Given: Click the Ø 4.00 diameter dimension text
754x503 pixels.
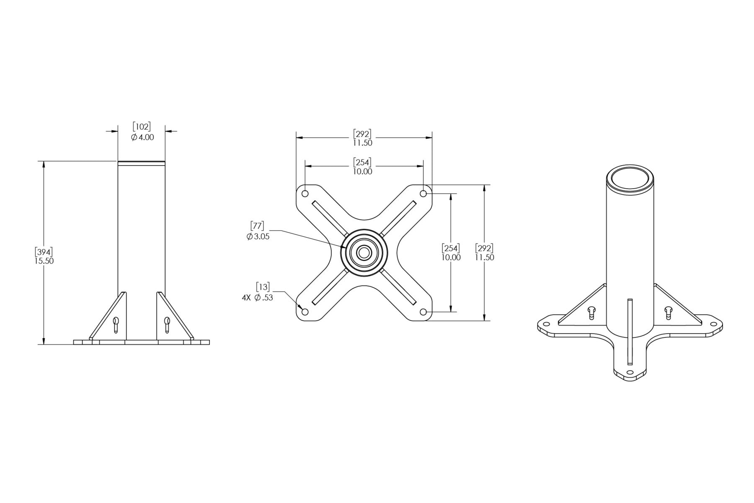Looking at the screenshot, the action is tap(142, 137).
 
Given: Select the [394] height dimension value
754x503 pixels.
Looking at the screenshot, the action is tap(44, 252).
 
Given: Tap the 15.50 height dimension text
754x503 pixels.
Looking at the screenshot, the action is tap(44, 261).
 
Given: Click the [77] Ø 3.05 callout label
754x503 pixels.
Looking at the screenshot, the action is tap(258, 231).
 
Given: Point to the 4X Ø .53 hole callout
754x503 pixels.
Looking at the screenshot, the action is tap(258, 292).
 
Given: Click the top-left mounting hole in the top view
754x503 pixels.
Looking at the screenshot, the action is tap(305, 194).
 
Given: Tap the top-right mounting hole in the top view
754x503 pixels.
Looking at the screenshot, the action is tap(423, 194).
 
